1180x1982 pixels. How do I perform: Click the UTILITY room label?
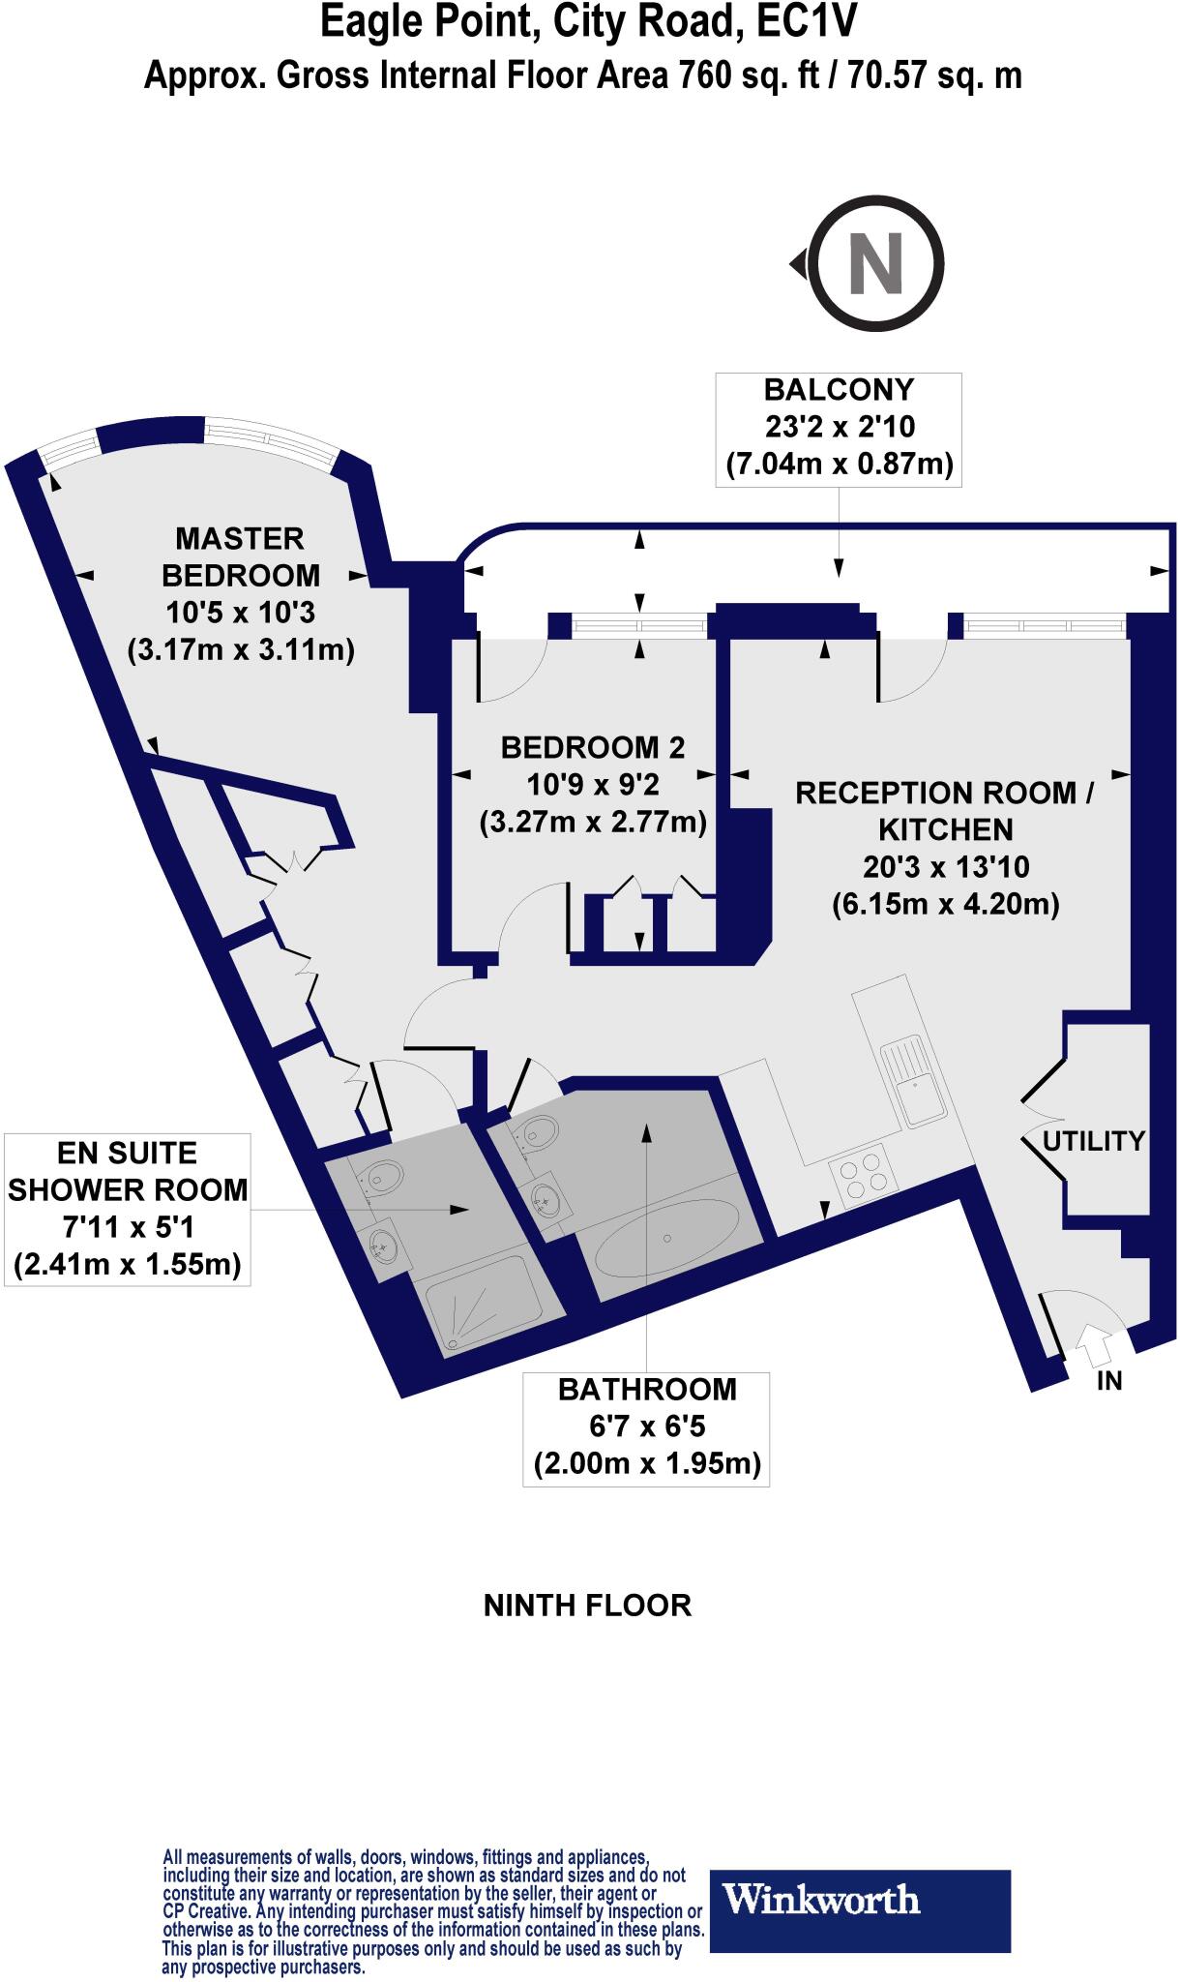[1094, 1141]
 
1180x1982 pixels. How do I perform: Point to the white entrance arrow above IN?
[1094, 1344]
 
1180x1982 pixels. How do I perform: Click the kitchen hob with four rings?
[865, 1175]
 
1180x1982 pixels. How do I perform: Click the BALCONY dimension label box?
[839, 428]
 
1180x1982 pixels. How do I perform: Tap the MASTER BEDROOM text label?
[241, 556]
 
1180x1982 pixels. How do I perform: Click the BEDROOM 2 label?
[593, 747]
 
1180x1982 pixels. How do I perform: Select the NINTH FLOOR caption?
[587, 1606]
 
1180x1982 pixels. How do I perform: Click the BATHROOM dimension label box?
[647, 1427]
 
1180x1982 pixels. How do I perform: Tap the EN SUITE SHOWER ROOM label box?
[127, 1209]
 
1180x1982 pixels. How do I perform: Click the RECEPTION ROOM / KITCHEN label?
[944, 811]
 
